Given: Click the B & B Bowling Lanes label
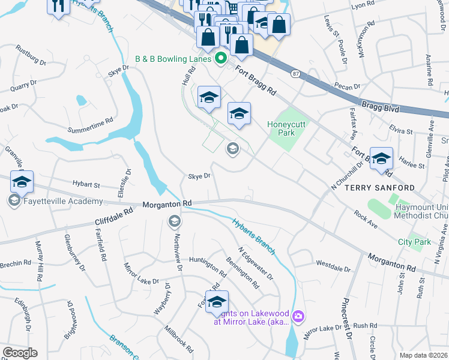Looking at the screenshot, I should (173, 59).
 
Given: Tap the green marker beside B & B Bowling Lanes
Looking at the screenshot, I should (220, 59).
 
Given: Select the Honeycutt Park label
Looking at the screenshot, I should (282, 128).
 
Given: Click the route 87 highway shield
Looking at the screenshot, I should (295, 73).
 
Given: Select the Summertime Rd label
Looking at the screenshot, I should (91, 125).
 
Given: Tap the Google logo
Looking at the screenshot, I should (20, 353).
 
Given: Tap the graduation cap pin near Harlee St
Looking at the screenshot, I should (381, 158).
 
